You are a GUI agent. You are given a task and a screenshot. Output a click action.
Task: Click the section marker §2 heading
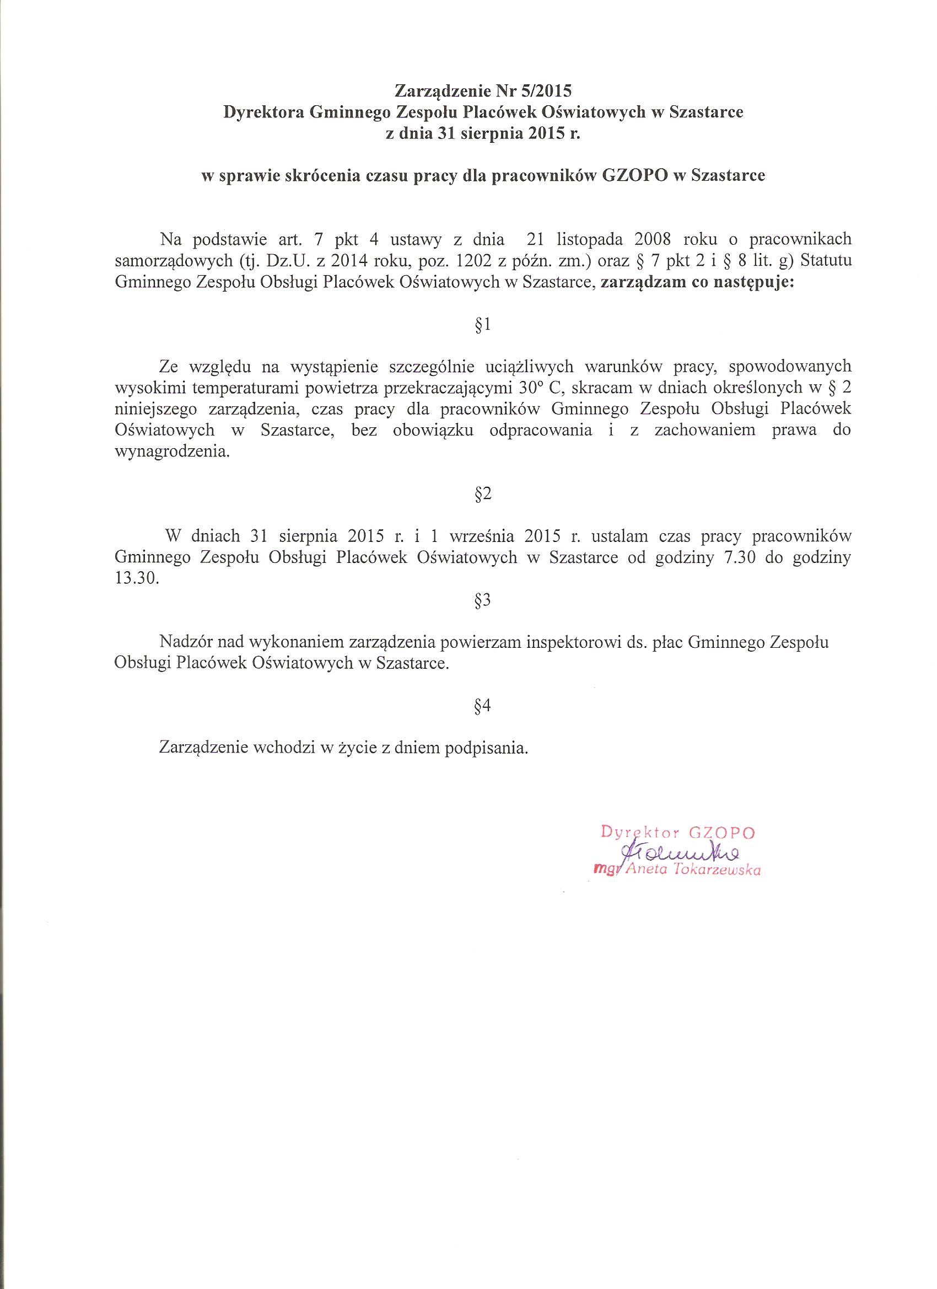(x=482, y=494)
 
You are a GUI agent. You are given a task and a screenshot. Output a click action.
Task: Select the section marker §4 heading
(x=482, y=706)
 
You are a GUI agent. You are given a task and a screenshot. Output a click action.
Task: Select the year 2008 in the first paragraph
(x=647, y=240)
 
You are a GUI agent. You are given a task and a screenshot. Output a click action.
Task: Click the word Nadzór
(x=186, y=642)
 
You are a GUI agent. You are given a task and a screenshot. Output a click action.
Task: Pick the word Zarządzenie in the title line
(x=434, y=90)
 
